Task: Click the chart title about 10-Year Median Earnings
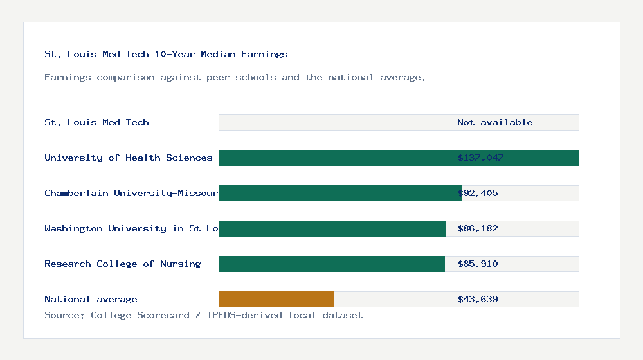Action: (x=166, y=55)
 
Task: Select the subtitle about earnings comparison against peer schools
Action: (x=235, y=78)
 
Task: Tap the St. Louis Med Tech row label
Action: (x=96, y=122)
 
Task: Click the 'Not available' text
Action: (x=494, y=122)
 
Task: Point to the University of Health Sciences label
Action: (x=128, y=157)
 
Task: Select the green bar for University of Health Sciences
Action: (x=334, y=157)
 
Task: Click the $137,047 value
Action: (x=480, y=157)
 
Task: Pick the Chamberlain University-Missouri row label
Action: (x=131, y=193)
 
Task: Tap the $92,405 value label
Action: (x=478, y=193)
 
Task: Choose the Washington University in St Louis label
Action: (x=131, y=228)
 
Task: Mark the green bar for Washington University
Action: (x=332, y=228)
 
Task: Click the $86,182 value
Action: (x=478, y=228)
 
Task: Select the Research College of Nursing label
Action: (x=122, y=264)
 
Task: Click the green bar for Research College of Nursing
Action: (x=331, y=264)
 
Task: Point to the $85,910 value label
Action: (x=478, y=264)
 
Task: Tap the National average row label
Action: (x=91, y=299)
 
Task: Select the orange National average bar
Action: (x=276, y=299)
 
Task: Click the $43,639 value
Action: (x=478, y=299)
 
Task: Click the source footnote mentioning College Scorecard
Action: (x=203, y=315)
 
